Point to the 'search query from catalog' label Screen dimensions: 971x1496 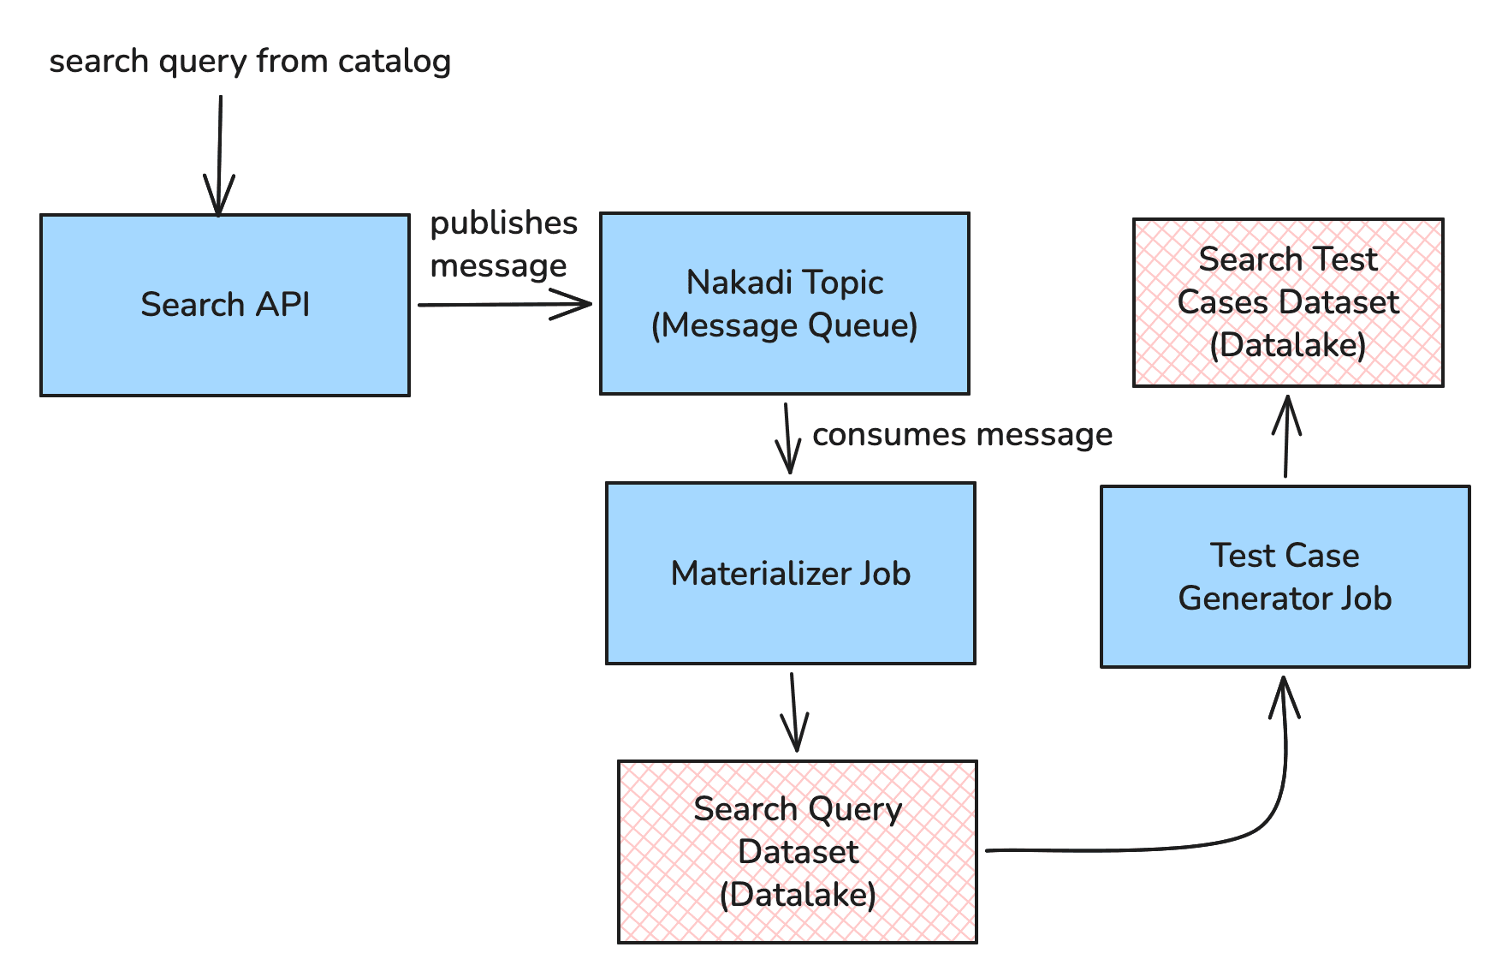(x=249, y=62)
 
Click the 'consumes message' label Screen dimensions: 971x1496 (x=962, y=434)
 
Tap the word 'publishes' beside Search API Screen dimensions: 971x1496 (x=503, y=223)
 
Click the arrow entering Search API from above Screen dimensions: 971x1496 (x=219, y=154)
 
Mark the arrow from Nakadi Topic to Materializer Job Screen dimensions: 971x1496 (x=787, y=438)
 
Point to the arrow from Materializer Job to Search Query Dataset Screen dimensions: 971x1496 (x=793, y=711)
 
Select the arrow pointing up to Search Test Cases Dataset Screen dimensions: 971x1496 (x=1286, y=437)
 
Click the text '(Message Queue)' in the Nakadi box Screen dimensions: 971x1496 (x=784, y=325)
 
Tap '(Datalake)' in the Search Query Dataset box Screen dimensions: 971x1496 (x=797, y=895)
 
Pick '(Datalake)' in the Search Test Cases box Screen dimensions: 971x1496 (x=1287, y=345)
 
